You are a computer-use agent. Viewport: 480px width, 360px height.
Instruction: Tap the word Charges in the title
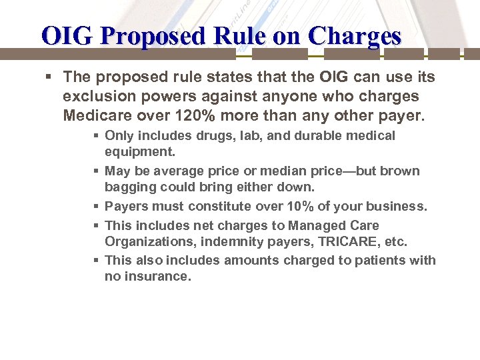tap(360, 35)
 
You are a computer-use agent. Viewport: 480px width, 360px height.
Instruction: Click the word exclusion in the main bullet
tap(95, 96)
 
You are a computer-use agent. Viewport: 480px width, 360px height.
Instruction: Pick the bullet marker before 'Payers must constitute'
tap(97, 207)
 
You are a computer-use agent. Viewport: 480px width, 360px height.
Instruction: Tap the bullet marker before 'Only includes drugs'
tap(97, 136)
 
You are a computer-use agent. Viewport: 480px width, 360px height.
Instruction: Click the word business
tap(398, 207)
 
